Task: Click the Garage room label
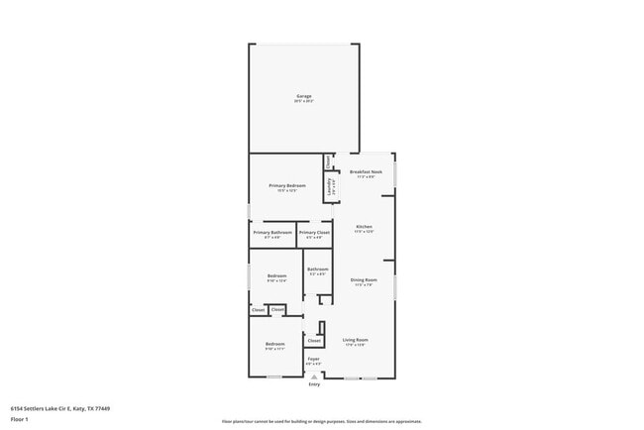[303, 96]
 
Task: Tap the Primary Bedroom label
[287, 185]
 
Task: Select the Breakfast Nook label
[366, 171]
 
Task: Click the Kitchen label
[364, 227]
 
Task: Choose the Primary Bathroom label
[272, 233]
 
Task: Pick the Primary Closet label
[314, 233]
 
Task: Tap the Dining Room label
[364, 280]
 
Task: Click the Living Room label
[356, 340]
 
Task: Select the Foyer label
[313, 359]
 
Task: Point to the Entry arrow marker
[314, 376]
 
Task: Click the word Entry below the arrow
[314, 384]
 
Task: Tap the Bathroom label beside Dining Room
[317, 269]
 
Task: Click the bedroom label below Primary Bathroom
[276, 275]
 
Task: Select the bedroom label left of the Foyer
[274, 344]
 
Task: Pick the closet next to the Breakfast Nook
[328, 160]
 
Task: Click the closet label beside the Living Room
[314, 341]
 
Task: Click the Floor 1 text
[19, 419]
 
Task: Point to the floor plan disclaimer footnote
[322, 421]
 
